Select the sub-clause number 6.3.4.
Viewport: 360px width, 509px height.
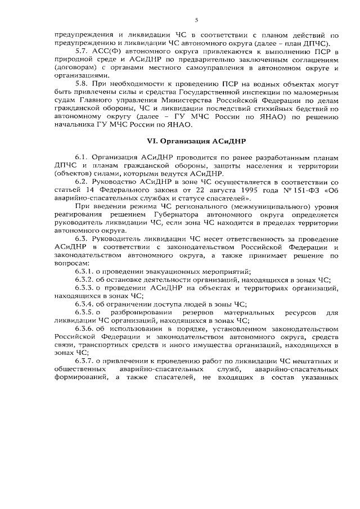click(x=84, y=303)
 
